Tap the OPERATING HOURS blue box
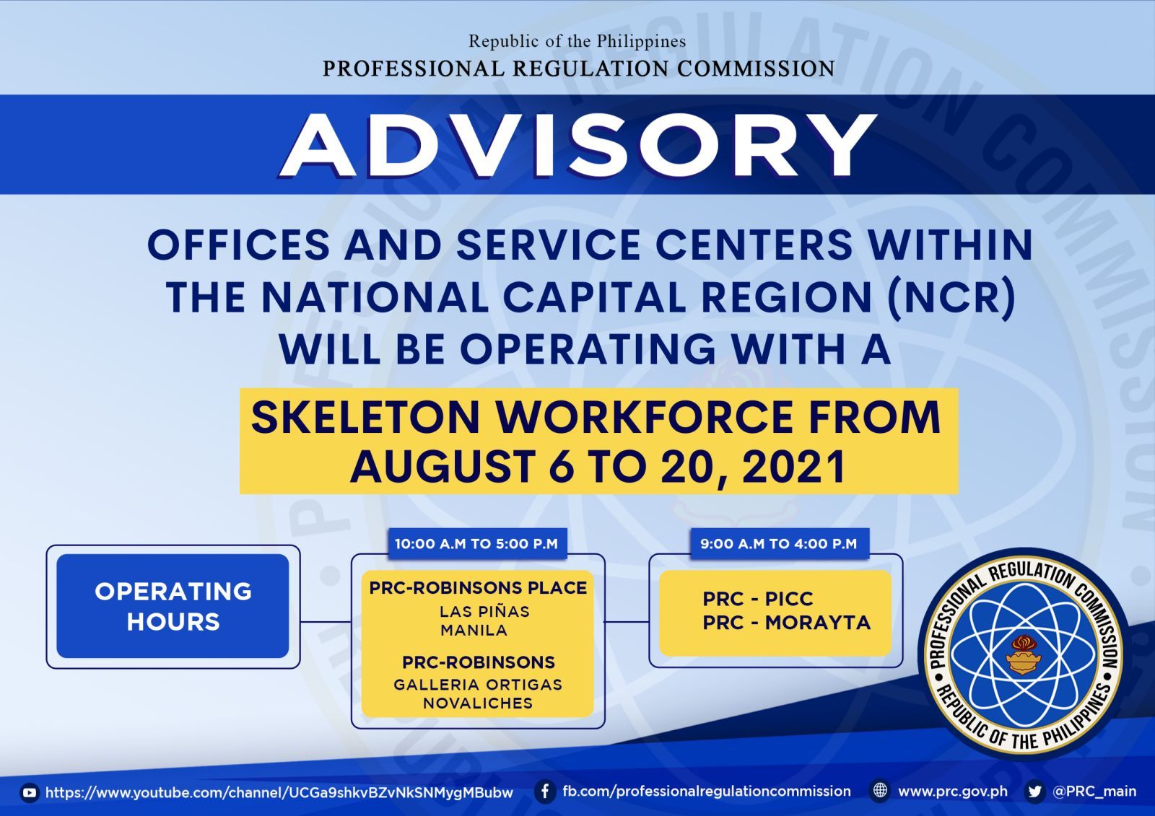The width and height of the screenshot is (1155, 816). [x=173, y=606]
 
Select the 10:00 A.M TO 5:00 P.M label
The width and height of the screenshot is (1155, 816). [x=476, y=544]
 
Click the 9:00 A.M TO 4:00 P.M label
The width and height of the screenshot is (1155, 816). [x=779, y=544]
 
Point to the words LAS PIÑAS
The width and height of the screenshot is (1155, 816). [x=484, y=611]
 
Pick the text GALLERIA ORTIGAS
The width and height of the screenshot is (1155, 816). [x=478, y=685]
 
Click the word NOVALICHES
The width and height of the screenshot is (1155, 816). [x=478, y=703]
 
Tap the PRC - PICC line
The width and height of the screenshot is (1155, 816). [x=757, y=599]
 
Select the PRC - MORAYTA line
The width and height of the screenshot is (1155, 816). [x=786, y=623]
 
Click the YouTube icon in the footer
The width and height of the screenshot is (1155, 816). [x=30, y=793]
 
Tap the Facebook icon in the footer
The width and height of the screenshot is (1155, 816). [x=544, y=791]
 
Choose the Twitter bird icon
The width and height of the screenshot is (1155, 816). [x=1034, y=791]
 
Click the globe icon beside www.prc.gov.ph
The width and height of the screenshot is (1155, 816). [x=880, y=791]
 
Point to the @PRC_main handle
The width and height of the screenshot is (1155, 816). [x=1094, y=791]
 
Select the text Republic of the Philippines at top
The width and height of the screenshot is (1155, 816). [x=577, y=41]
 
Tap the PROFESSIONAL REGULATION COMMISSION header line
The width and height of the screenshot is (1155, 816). [x=578, y=69]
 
